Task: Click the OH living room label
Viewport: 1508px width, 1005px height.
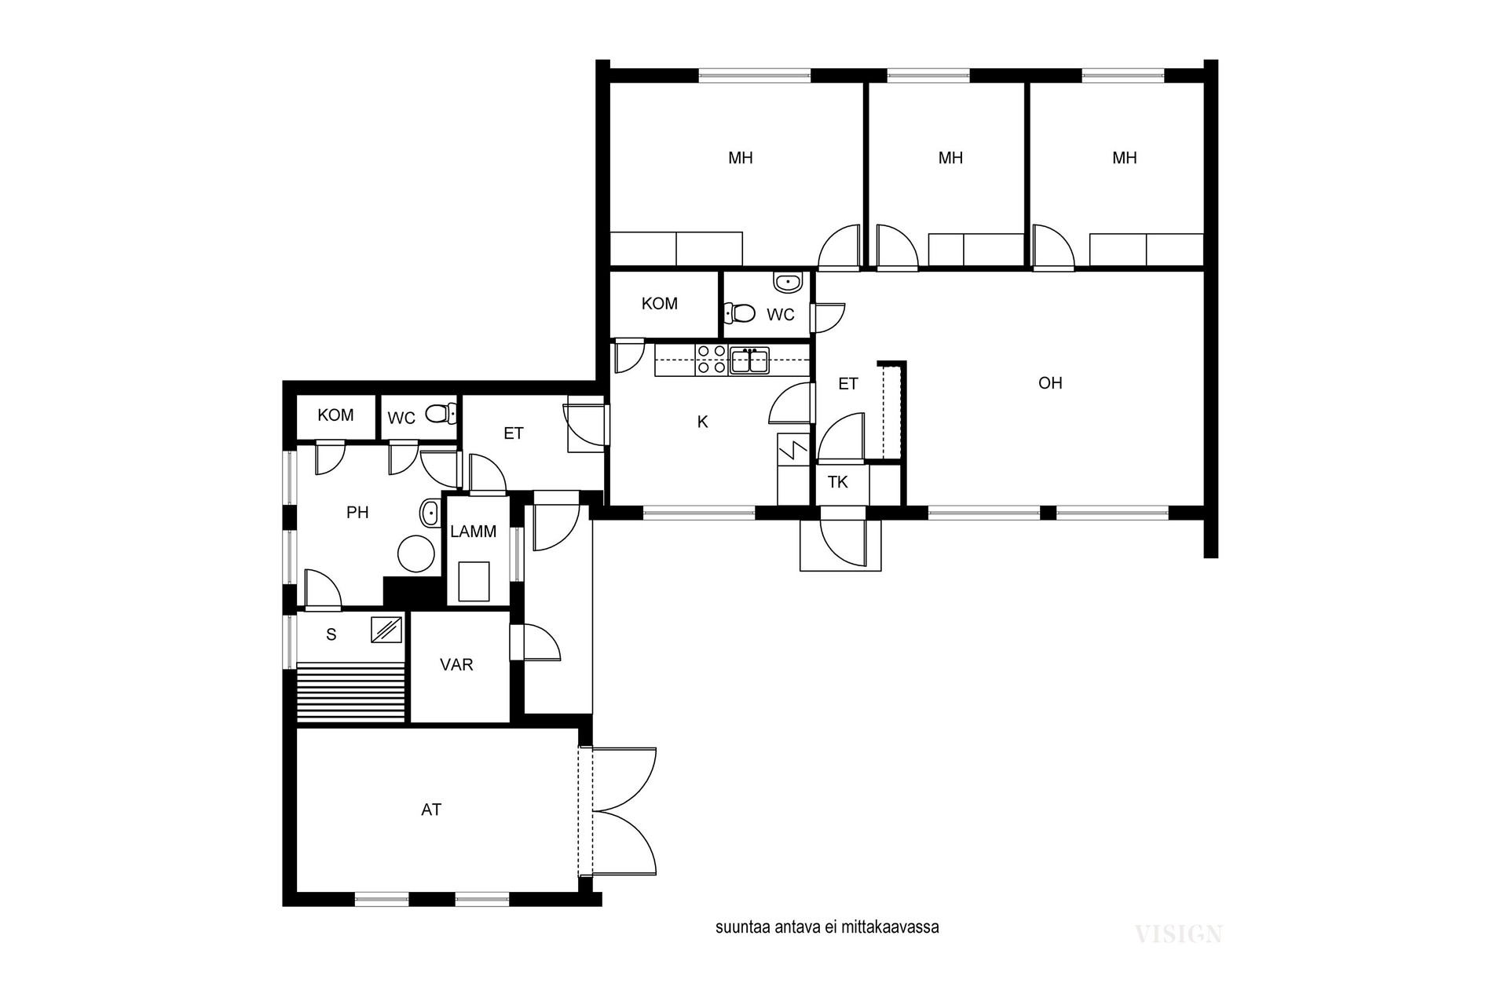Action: (1050, 383)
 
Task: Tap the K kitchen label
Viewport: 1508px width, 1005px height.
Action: (703, 422)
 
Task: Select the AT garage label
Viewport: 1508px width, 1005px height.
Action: (431, 809)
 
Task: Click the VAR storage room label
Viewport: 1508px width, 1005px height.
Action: (456, 665)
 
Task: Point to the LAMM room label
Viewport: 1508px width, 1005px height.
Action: (474, 532)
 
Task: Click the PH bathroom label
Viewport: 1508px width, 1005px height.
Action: (357, 513)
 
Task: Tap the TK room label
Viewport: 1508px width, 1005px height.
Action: (838, 482)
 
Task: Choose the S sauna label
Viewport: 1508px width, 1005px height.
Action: (331, 634)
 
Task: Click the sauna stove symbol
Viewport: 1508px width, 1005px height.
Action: (386, 630)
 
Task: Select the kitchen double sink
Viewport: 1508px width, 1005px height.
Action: (750, 361)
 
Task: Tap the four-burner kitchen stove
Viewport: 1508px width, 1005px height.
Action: (712, 360)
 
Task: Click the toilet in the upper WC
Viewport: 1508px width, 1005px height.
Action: (739, 313)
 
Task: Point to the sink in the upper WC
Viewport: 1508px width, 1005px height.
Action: (787, 281)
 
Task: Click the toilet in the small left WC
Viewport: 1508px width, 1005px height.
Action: (441, 412)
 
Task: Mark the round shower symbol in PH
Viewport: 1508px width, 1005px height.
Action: (416, 554)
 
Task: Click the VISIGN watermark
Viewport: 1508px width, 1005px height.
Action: (1178, 934)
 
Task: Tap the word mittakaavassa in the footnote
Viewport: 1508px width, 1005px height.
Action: (890, 927)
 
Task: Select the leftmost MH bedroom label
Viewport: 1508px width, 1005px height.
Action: (741, 159)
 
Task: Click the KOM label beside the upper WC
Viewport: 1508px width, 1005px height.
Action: (660, 304)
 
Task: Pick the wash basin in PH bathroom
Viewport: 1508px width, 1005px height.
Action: (430, 513)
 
